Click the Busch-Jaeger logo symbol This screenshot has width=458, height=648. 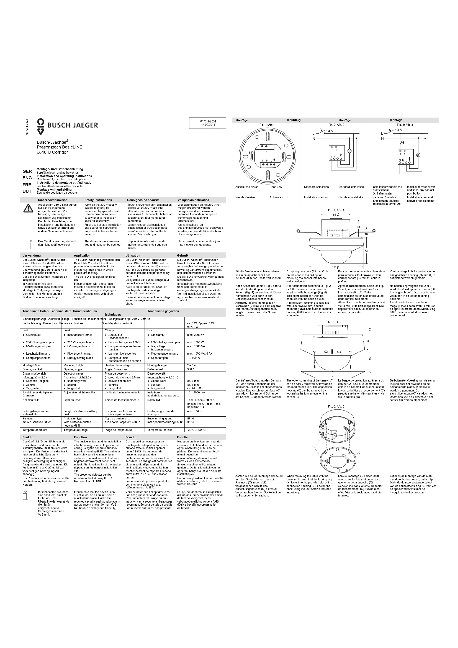[41, 127]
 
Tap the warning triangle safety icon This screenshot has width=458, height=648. [28, 208]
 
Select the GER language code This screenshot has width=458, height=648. [27, 171]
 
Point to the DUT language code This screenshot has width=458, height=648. [27, 191]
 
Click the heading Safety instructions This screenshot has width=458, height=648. [98, 200]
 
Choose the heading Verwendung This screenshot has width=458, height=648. [32, 255]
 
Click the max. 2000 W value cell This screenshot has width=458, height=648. [195, 335]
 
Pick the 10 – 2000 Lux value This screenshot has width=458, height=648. [196, 393]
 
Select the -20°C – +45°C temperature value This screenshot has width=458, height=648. [196, 430]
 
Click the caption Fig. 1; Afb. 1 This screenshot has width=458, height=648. [268, 124]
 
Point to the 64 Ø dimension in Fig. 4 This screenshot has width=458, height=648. [336, 215]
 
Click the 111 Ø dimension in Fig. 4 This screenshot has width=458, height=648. [335, 267]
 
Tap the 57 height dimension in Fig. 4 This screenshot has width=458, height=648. [367, 251]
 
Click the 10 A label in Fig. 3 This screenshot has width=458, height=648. [398, 130]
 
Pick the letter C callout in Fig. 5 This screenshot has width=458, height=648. [370, 329]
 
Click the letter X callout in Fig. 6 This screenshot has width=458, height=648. [312, 447]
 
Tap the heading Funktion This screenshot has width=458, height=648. [29, 437]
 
